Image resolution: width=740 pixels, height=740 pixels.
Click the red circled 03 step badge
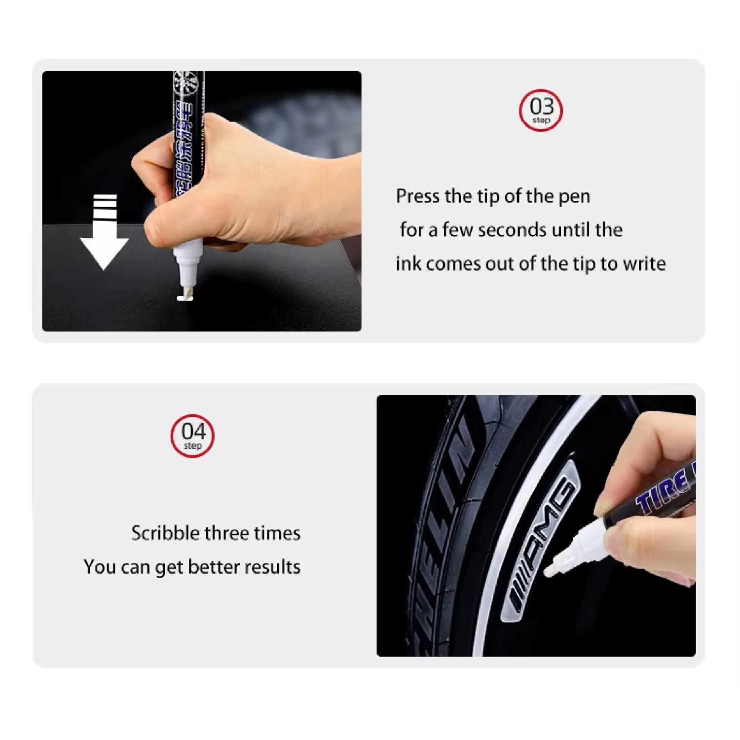click(541, 110)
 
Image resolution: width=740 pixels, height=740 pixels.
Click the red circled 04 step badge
click(192, 436)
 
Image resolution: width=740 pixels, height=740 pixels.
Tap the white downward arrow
click(104, 232)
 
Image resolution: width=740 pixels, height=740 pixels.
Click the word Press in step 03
click(417, 196)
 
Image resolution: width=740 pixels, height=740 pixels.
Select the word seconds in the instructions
click(512, 230)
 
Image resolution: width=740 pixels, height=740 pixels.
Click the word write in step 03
click(644, 263)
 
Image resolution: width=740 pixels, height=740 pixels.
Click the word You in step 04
click(99, 567)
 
